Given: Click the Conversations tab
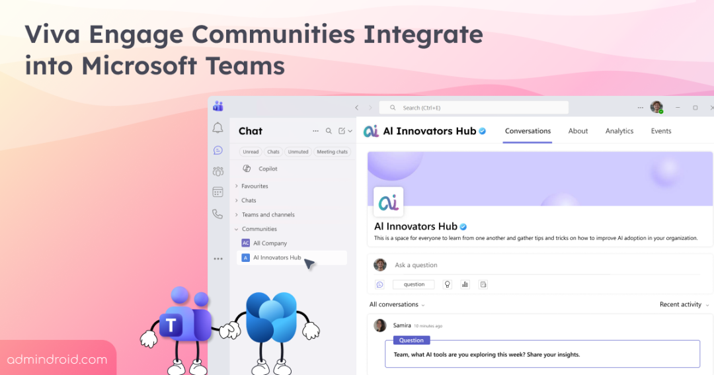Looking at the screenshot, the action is click(528, 131).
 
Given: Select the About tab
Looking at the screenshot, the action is click(578, 131).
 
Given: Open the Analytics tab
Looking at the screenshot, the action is click(619, 131).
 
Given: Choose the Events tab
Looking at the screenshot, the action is click(660, 131).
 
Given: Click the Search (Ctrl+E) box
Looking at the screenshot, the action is click(473, 108).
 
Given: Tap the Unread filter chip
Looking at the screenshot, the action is click(251, 151).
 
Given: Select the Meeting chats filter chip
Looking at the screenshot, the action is click(332, 151).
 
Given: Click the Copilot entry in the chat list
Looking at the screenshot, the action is click(268, 169).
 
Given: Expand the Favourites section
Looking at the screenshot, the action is click(255, 186).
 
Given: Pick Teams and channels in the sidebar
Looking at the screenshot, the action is click(268, 214).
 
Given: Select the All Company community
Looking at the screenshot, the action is click(270, 243).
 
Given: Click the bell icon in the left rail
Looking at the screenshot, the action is click(218, 128).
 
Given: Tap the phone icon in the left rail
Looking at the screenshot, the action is click(218, 214).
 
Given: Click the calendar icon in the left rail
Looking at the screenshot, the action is click(218, 192).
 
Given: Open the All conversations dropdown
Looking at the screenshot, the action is click(397, 304).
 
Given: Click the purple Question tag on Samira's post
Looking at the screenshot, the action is click(411, 341).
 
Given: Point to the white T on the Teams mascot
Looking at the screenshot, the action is click(171, 325).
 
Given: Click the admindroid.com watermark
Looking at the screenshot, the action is click(58, 360).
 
